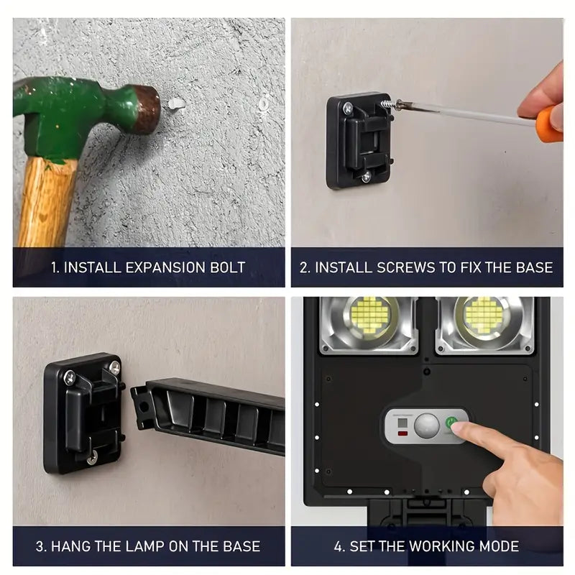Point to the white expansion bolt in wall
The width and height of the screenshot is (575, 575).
[175, 104]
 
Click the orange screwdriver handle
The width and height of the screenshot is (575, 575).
[550, 123]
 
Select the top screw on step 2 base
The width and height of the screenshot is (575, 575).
[348, 109]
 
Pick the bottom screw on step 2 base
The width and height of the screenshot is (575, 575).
[366, 176]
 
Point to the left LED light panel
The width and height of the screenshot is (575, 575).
[370, 316]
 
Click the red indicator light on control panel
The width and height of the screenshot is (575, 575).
[402, 433]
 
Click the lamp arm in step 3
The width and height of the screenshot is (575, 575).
[208, 413]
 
